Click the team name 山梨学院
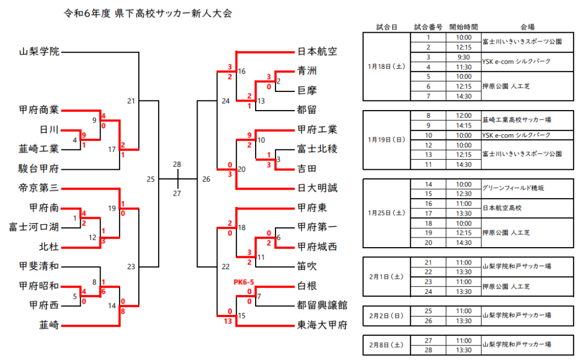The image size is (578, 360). [x=39, y=52]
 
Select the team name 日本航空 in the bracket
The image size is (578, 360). [x=317, y=52]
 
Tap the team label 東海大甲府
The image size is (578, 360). [x=322, y=325]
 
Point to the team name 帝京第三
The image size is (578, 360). [x=39, y=188]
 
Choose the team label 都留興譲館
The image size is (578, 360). [x=322, y=305]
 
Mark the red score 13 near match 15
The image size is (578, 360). [x=229, y=321]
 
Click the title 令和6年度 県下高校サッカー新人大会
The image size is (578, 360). [x=148, y=13]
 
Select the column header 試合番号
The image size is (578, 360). [x=428, y=27]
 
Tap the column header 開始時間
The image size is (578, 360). [x=463, y=27]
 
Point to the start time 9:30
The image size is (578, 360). [x=463, y=57]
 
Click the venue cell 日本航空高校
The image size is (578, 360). [x=502, y=208]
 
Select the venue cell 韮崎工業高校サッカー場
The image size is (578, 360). [x=517, y=120]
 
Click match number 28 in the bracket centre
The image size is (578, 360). [x=177, y=164]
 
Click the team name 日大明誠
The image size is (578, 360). [x=317, y=188]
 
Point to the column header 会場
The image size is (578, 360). [x=528, y=27]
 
